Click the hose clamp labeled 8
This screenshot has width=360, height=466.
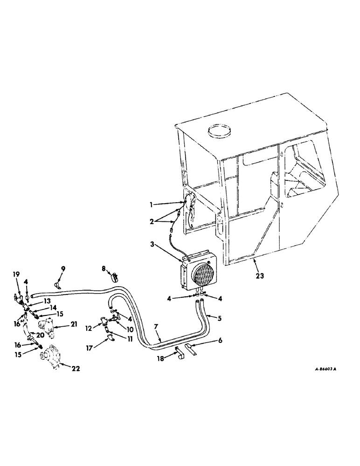point(114,278)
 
